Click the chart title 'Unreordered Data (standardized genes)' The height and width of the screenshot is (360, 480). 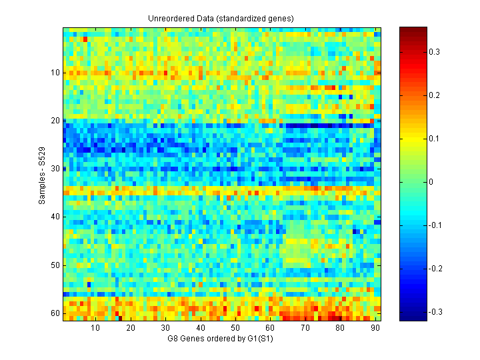221,18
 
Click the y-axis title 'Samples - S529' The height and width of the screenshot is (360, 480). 43,175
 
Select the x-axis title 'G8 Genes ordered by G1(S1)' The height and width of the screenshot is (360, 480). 222,339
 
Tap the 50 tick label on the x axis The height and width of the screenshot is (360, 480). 235,328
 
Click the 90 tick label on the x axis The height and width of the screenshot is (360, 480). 375,328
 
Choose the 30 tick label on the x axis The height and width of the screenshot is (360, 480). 165,328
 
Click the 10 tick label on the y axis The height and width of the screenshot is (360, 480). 55,73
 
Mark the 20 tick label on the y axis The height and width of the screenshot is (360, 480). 55,121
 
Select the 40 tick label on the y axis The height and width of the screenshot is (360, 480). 55,217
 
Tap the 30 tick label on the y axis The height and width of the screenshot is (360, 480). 55,169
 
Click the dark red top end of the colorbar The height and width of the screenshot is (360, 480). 413,30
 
